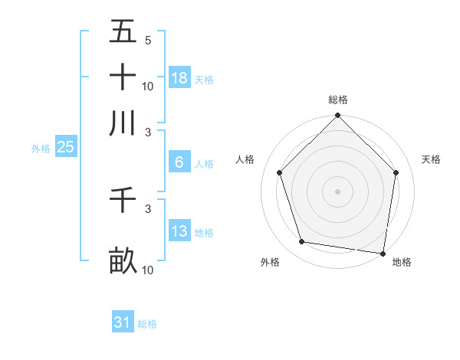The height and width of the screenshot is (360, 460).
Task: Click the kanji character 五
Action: point(123,32)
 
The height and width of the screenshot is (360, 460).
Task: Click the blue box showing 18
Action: point(179,78)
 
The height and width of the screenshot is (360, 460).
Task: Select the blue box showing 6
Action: point(179,162)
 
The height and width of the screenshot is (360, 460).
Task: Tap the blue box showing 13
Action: point(179,231)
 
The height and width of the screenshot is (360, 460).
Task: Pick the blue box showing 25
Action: point(65,148)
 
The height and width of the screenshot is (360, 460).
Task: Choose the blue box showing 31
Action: point(122,322)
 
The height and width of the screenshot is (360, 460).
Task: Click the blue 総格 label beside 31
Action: point(147,324)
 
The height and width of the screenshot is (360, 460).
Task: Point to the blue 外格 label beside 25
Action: point(40,149)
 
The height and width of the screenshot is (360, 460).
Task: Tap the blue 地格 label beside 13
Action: point(204,233)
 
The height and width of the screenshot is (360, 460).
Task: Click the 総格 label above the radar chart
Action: point(338,100)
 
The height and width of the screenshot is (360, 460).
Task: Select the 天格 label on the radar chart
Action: point(432,159)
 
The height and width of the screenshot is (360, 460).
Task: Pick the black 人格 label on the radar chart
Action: point(245,159)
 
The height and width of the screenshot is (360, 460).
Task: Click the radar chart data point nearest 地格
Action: point(383,253)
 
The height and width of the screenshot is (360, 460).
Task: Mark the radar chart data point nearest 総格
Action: point(337,116)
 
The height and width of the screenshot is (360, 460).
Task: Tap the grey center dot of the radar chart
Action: point(337,191)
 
